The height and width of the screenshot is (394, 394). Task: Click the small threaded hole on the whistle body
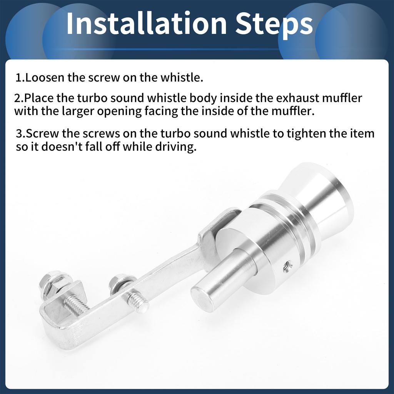click(287, 265)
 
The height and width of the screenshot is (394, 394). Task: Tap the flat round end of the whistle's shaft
click(202, 298)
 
